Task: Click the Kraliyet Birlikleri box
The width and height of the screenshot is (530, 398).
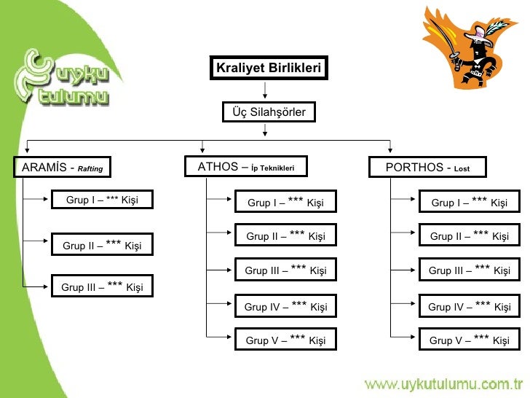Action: [268, 69]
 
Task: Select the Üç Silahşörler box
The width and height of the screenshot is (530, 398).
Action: [268, 112]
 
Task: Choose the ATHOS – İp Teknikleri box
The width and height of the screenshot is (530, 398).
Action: [246, 167]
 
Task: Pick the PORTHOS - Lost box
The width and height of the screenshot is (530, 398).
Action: [427, 168]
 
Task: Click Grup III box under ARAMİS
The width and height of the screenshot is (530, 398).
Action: [102, 286]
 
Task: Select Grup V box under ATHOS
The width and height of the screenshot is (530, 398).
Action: [285, 340]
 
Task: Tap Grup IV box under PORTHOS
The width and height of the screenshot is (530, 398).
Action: [470, 306]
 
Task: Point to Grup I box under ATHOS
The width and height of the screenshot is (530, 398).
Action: [285, 202]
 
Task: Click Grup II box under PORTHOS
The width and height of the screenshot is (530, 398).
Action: [470, 235]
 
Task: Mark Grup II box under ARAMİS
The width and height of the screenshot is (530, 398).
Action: [102, 245]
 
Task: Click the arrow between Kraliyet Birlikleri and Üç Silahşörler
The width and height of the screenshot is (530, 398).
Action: [266, 90]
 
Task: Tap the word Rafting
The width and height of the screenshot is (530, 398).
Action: [90, 169]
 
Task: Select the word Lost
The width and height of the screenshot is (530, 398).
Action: [462, 169]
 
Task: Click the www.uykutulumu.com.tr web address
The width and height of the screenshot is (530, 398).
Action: [443, 383]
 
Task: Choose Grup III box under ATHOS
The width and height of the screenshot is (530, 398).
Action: [285, 270]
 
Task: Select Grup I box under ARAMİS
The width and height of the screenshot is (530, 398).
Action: [102, 200]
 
